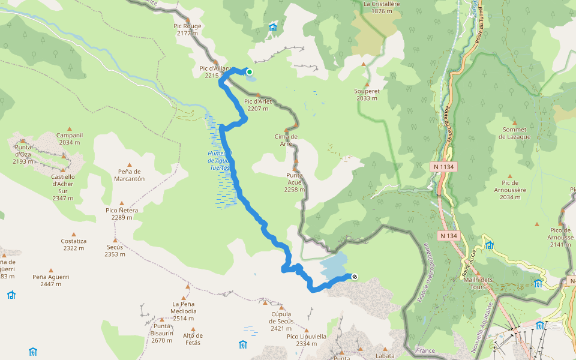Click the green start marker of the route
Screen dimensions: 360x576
click(249, 71)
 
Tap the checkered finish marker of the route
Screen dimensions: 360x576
click(355, 276)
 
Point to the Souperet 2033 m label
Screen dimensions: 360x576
click(367, 94)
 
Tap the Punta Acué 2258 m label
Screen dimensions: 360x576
click(294, 182)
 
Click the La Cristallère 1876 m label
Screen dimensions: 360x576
click(382, 7)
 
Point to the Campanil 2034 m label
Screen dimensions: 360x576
click(70, 139)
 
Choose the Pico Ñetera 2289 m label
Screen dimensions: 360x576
click(122, 214)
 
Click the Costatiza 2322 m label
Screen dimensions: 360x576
click(74, 244)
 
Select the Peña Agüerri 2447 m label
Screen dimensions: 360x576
click(51, 280)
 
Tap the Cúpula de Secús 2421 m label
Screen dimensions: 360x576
click(281, 321)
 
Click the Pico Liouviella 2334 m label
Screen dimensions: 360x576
click(307, 340)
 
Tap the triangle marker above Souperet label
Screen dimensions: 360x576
click(363, 64)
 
